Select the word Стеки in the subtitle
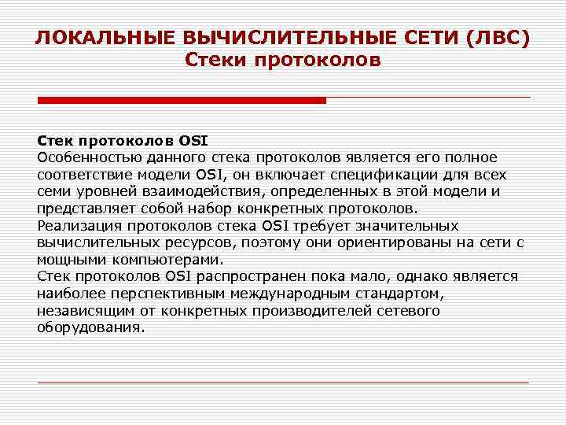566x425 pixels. tap(218, 60)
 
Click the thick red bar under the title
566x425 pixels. tap(182, 100)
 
